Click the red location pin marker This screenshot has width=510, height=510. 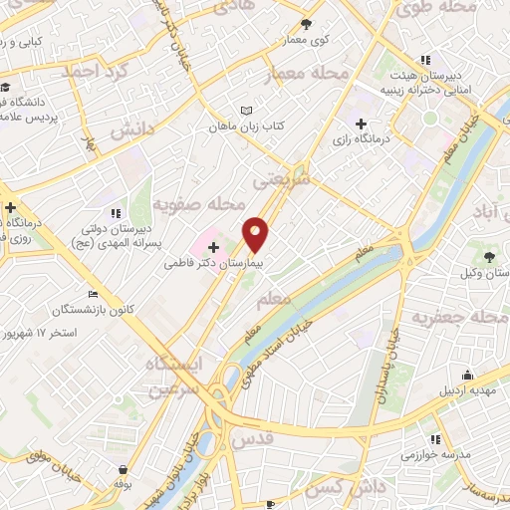click(256, 234)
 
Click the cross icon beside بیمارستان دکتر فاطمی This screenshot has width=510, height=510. click(213, 246)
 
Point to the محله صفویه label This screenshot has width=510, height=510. click(199, 205)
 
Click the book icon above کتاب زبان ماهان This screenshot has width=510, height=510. click(246, 111)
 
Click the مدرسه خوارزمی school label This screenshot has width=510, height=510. click(435, 454)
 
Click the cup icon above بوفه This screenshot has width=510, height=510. click(123, 469)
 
